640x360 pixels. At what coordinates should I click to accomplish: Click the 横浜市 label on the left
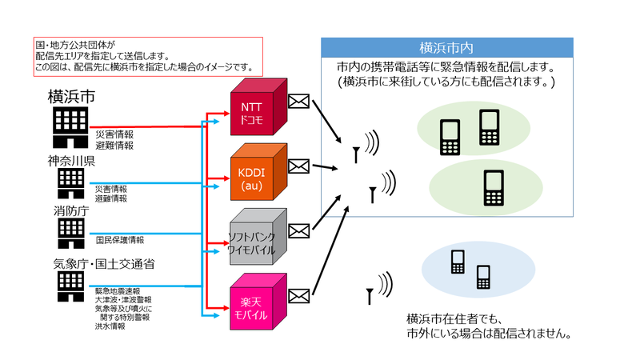click(x=72, y=98)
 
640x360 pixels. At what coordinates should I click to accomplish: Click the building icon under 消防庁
click(x=66, y=233)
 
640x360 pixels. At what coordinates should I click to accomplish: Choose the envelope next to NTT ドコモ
click(x=298, y=102)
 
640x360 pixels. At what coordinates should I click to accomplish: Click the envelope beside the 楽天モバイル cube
click(x=298, y=296)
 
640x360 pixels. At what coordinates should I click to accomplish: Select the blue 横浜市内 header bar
click(x=447, y=46)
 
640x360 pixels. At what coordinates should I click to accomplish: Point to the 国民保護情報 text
click(x=120, y=239)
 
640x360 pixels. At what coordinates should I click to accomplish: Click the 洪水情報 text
click(x=110, y=326)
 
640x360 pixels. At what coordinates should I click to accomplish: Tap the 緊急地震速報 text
click(x=118, y=291)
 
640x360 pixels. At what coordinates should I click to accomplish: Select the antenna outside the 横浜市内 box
click(x=370, y=296)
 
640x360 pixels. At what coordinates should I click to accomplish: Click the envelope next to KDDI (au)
click(x=298, y=166)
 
